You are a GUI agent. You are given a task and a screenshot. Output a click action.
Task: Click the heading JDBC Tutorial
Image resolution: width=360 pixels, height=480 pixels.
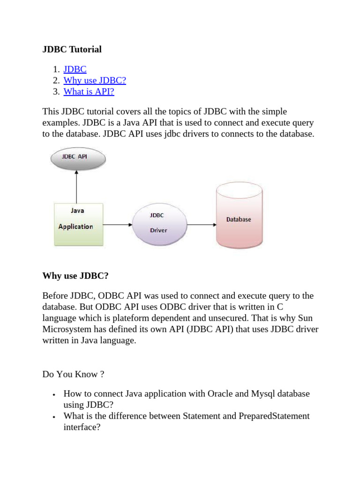click(x=72, y=49)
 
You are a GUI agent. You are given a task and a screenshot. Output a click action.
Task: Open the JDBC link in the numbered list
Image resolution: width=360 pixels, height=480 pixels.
click(x=75, y=69)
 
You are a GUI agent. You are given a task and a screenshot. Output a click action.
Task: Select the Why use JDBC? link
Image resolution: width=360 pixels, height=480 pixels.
click(x=95, y=80)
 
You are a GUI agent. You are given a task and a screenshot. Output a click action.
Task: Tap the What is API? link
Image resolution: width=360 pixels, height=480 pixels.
click(x=89, y=91)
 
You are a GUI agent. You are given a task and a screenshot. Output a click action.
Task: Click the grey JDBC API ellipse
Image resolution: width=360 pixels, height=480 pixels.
click(x=78, y=159)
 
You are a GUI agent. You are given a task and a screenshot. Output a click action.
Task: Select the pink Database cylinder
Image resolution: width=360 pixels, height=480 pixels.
click(x=239, y=219)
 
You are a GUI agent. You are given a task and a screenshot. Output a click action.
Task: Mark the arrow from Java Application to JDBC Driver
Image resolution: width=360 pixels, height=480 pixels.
click(x=117, y=225)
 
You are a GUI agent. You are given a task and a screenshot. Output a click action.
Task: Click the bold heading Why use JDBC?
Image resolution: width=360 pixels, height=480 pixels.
click(x=75, y=276)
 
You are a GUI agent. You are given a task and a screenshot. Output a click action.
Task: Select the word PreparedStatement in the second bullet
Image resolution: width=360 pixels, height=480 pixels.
click(x=276, y=416)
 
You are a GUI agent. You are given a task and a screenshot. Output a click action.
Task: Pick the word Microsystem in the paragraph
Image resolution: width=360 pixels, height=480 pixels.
click(x=65, y=329)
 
